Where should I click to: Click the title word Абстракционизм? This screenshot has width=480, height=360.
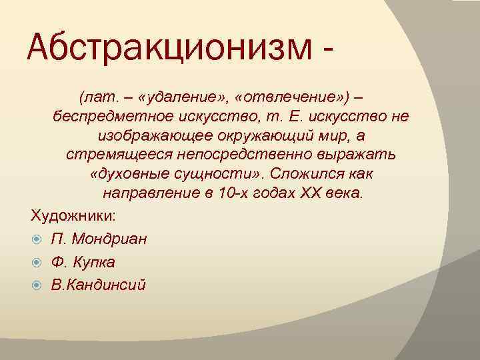(170, 49)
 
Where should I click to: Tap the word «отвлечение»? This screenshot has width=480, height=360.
(289, 99)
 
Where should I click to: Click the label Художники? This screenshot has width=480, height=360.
(73, 216)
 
